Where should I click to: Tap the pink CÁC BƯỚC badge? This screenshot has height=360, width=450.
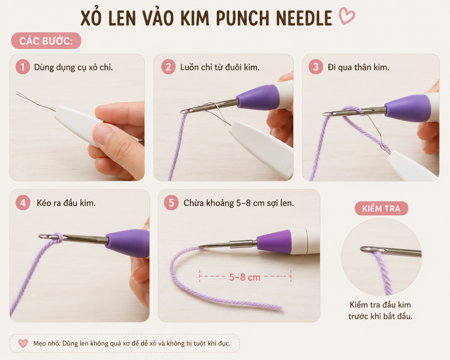coord(46,41)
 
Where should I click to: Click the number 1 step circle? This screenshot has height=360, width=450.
coord(23,67)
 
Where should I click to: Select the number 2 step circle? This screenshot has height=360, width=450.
coord(168,67)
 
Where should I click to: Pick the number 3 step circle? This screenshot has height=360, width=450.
coord(316,67)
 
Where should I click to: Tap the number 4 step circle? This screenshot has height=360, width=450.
coord(23,203)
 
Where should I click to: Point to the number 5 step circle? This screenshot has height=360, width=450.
coord(171,203)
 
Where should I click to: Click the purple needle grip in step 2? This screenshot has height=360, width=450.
coord(258,98)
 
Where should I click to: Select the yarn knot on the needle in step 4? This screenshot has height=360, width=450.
coord(58,238)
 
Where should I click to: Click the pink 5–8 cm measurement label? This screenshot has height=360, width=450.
coord(245,278)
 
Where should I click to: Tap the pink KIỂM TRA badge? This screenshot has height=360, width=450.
coord(381,209)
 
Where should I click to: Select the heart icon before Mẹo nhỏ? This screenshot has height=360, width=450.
coord(23,343)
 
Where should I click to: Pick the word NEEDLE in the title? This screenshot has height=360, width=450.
coord(304,18)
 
